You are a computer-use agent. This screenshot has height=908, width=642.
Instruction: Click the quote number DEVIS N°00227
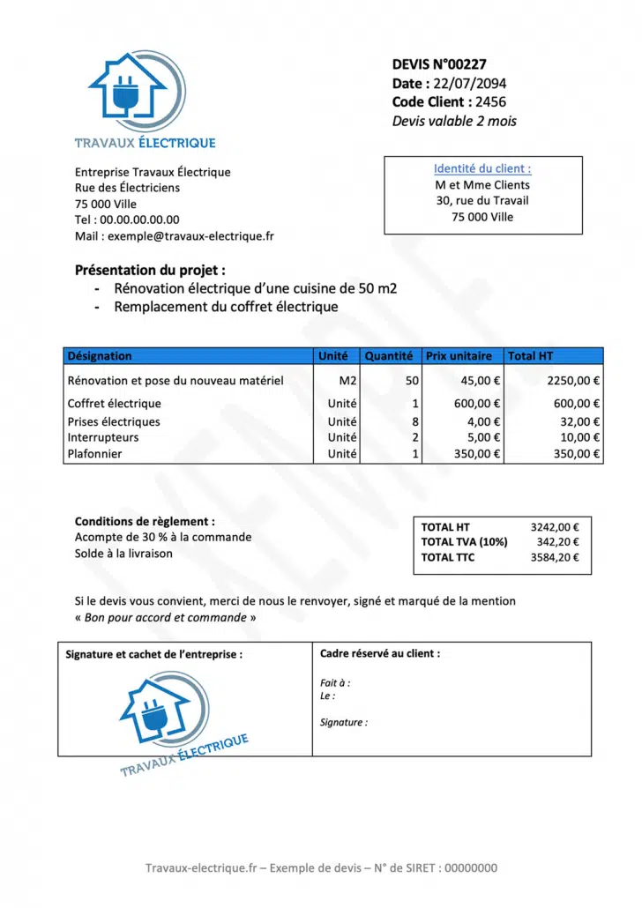(x=439, y=64)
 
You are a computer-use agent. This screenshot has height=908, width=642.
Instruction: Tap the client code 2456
(x=490, y=102)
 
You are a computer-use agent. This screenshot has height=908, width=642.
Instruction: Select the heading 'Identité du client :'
(x=482, y=169)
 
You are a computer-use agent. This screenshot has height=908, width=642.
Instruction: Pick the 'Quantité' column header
(x=389, y=356)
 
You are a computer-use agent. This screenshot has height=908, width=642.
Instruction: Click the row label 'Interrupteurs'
(x=103, y=437)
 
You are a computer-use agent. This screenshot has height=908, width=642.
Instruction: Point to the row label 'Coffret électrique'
(x=115, y=404)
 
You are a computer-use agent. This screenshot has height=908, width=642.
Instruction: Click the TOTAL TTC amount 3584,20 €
(x=555, y=557)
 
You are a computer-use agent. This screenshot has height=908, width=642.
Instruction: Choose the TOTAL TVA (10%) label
(x=464, y=542)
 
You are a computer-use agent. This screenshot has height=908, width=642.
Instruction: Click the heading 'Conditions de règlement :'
(x=145, y=522)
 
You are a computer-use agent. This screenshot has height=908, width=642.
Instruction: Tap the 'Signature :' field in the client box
(x=344, y=723)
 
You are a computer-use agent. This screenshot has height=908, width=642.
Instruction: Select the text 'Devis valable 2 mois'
(x=454, y=122)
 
